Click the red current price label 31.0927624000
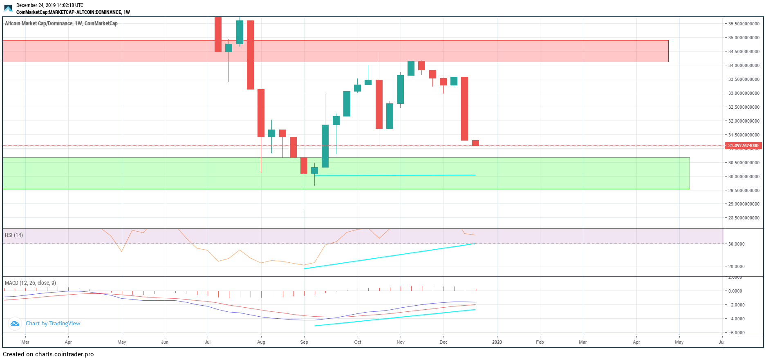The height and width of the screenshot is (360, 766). coord(743,145)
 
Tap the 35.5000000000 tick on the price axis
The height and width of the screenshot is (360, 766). coord(744,24)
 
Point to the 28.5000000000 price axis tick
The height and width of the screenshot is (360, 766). coord(744,218)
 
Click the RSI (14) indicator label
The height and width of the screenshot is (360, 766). coord(14,235)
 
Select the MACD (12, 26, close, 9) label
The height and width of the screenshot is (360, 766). coord(30,283)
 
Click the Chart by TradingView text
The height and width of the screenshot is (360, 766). coord(53,323)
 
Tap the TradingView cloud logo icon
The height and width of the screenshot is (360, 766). coord(15,324)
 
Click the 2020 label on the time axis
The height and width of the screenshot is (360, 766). coord(497,342)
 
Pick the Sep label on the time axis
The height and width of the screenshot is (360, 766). coord(304,342)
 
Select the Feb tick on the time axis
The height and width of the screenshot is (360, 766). coord(540,342)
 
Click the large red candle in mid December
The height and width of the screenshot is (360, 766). coord(464,108)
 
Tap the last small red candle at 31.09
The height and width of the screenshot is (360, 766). coord(475,143)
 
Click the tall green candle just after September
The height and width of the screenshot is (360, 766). coord(325,146)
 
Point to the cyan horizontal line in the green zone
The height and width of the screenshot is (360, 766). coord(394,175)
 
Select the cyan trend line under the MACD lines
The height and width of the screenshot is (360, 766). coord(394,318)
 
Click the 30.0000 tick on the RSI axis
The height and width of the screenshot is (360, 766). coord(737,244)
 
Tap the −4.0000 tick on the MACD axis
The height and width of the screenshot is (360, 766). coord(737,319)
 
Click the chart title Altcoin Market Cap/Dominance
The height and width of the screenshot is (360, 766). coord(61,23)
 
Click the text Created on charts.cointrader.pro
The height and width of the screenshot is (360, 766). coord(48,354)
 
